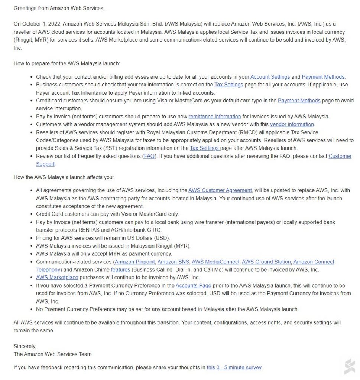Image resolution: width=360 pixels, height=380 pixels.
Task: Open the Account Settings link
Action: [x=270, y=77]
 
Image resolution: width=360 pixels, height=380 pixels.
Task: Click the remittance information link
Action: [x=215, y=117]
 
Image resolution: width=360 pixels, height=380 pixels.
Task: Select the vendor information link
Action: [x=292, y=124]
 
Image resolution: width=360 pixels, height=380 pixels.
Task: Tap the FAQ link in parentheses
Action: [x=149, y=156]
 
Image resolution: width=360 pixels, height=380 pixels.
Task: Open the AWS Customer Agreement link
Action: [x=220, y=190]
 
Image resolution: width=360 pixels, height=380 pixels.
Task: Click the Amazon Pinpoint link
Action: [x=135, y=262]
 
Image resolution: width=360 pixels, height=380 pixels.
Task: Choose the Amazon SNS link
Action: [x=173, y=262]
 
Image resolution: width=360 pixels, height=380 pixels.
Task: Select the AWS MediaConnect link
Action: [x=216, y=262]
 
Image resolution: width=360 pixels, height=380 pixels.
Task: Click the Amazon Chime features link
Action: [x=120, y=270]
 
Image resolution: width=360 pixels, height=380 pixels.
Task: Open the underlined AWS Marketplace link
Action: [x=57, y=278]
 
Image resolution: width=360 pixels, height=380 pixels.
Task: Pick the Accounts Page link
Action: [x=194, y=286]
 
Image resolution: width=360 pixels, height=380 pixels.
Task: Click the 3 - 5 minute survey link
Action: [x=234, y=368]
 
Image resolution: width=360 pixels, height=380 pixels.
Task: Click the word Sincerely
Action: [x=25, y=346]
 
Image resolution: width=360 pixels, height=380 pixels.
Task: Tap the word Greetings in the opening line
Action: [x=26, y=8]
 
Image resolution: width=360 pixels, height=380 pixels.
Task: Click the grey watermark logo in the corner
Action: [x=350, y=366]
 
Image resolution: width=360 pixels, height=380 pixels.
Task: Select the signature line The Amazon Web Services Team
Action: [x=52, y=354]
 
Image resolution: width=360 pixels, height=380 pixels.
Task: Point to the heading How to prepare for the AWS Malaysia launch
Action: [x=67, y=63]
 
